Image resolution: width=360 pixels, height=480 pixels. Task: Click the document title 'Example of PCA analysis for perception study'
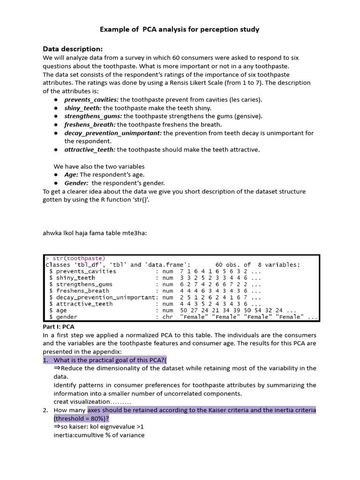[x=180, y=30]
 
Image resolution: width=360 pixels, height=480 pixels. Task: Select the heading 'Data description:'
[x=73, y=49]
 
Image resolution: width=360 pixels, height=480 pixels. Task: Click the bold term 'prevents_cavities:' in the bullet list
[x=91, y=99]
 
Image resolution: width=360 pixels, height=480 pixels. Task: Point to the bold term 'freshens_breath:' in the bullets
[x=90, y=125]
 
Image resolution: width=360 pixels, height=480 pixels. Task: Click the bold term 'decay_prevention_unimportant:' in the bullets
[x=113, y=133]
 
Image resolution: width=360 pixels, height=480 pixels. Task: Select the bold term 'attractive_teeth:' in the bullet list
[x=90, y=150]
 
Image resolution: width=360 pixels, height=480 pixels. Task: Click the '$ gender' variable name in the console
[x=63, y=317]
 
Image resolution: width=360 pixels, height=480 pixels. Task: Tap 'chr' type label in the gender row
[x=168, y=317]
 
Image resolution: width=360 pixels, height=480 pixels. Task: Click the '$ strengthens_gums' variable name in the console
[x=81, y=285]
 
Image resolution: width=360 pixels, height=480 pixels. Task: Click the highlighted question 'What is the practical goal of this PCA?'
[x=109, y=360]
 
